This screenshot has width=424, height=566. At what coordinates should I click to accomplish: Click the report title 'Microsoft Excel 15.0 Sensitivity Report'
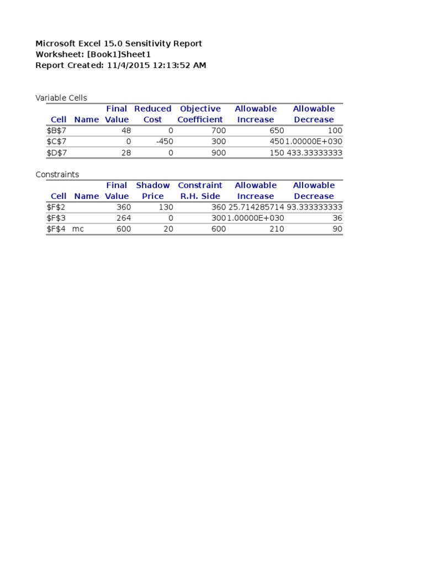[119, 44]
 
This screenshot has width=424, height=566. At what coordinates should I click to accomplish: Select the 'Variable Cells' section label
[61, 98]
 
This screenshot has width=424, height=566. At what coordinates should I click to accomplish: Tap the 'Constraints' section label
[57, 175]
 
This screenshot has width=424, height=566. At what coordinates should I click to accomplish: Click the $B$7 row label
[56, 131]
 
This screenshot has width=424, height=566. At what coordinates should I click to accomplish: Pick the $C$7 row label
[56, 142]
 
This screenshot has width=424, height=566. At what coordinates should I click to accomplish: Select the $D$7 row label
[56, 153]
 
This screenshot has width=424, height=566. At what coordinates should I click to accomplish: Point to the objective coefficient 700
[218, 131]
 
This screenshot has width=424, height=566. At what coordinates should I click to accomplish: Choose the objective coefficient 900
[218, 153]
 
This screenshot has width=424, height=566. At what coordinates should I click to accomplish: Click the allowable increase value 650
[277, 131]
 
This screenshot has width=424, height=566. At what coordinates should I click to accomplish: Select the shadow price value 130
[166, 207]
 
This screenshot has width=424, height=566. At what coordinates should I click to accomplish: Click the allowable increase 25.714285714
[256, 207]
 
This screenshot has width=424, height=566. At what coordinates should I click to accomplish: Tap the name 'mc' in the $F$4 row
[78, 229]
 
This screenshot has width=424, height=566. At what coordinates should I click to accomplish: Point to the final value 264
[124, 218]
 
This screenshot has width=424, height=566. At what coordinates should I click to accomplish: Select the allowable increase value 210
[277, 229]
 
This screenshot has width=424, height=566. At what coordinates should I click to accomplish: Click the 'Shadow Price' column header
[153, 191]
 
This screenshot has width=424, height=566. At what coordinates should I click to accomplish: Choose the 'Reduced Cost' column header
[153, 114]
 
